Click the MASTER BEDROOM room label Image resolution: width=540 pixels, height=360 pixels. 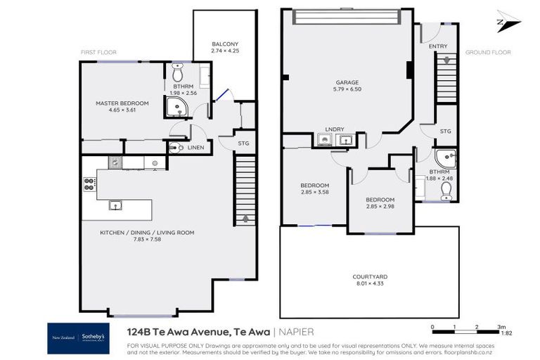point(122,103)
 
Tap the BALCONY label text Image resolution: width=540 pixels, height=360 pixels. point(225,44)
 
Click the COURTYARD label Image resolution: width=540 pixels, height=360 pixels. point(370,276)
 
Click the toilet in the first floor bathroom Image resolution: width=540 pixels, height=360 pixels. point(177,72)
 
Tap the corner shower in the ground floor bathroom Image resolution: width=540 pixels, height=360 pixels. point(446,158)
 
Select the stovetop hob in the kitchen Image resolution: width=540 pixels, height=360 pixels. point(90,184)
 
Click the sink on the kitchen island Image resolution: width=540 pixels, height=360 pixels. point(115,205)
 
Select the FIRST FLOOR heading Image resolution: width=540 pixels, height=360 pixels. point(99,52)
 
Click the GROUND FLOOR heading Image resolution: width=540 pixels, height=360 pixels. point(487,52)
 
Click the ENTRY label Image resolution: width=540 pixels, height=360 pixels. point(437,46)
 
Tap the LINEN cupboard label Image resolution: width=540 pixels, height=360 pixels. point(196,148)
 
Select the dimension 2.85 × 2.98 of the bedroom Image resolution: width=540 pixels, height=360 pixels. point(380,207)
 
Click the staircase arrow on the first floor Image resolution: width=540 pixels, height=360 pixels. point(245,219)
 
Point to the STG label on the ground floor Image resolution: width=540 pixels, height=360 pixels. point(444,131)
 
